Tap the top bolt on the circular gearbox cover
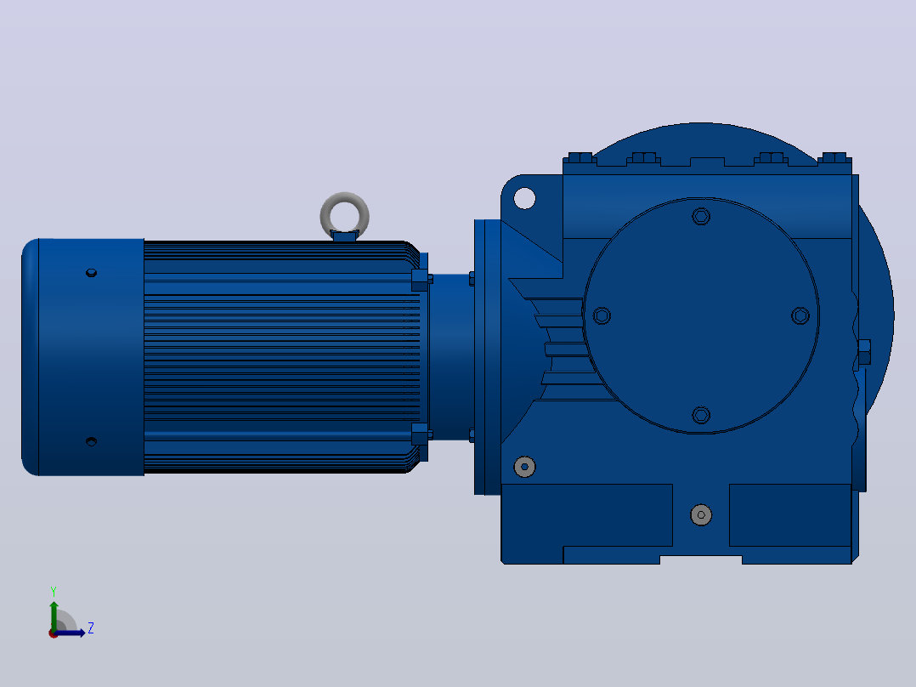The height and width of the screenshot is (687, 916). (701, 216)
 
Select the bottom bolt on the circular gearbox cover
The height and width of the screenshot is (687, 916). (701, 415)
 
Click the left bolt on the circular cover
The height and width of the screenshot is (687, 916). (602, 315)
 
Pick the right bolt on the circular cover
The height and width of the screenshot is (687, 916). (800, 315)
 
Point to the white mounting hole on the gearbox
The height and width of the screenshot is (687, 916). (524, 198)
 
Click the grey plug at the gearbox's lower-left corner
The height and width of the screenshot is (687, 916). (524, 467)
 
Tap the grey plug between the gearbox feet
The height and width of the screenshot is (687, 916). (701, 515)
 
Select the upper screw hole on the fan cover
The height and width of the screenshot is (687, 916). (91, 272)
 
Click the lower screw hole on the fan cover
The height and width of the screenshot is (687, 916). (91, 441)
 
